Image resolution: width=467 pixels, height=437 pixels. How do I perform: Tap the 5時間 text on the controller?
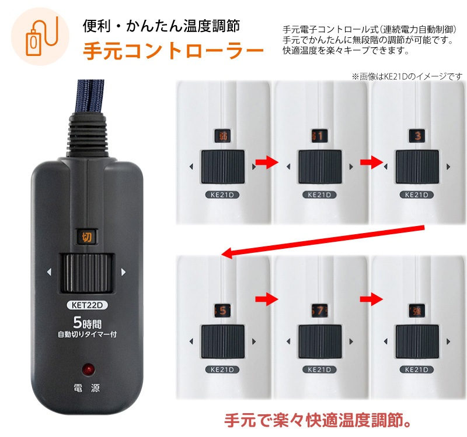(x=89, y=322)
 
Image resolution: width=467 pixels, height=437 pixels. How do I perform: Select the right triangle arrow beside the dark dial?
(x=123, y=272)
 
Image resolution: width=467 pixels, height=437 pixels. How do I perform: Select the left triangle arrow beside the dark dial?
(x=50, y=272)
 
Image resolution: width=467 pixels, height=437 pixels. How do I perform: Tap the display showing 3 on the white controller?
(x=417, y=136)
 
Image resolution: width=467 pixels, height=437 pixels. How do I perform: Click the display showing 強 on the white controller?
(x=417, y=310)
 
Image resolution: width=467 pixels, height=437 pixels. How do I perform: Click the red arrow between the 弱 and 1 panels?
(x=266, y=164)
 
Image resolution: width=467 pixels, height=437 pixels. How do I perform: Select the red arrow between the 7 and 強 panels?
(x=368, y=299)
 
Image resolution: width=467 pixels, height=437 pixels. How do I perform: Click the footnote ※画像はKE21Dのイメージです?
(x=406, y=76)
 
